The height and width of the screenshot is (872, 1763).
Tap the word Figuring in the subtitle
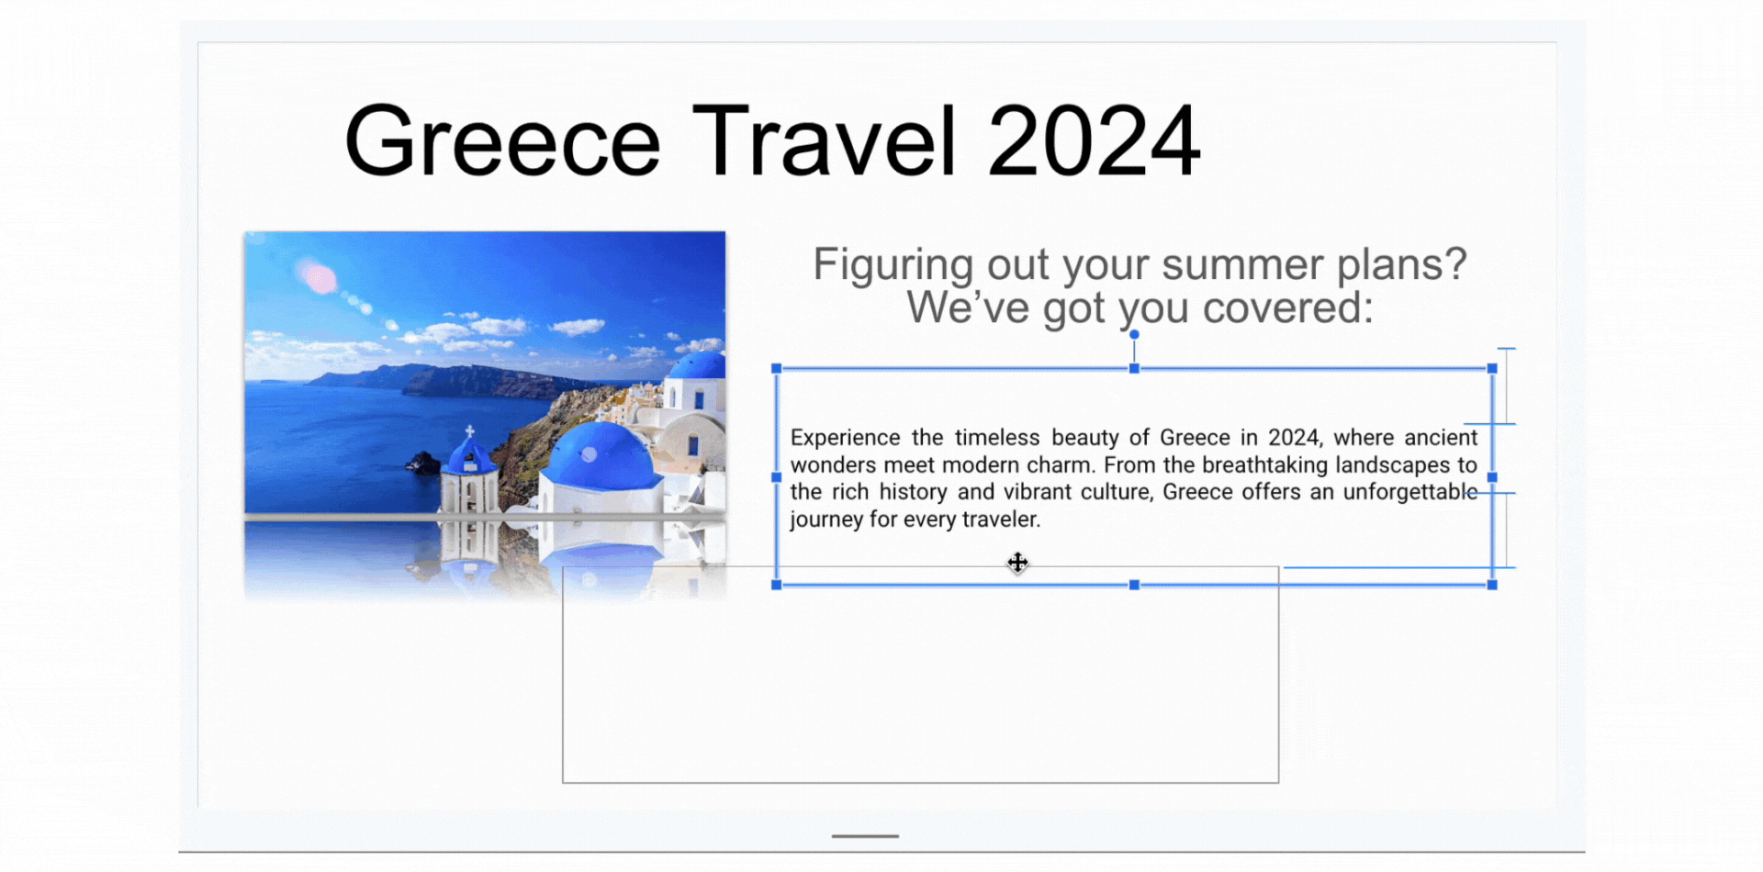pos(893,267)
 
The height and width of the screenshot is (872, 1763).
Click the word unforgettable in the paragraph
pos(1410,492)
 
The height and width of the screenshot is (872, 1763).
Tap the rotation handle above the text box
pos(1134,335)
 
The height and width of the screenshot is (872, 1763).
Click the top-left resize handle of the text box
pos(777,368)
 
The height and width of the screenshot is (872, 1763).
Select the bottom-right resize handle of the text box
pos(1492,585)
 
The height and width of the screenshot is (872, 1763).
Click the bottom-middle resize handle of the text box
pos(1134,585)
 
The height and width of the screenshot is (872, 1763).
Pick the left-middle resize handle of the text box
pos(777,477)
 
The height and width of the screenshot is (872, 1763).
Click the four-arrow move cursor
pos(1017,563)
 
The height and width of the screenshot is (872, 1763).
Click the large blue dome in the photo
pos(601,456)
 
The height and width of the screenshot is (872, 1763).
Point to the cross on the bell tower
pos(469,431)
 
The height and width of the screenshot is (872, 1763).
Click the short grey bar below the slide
pos(865,836)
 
